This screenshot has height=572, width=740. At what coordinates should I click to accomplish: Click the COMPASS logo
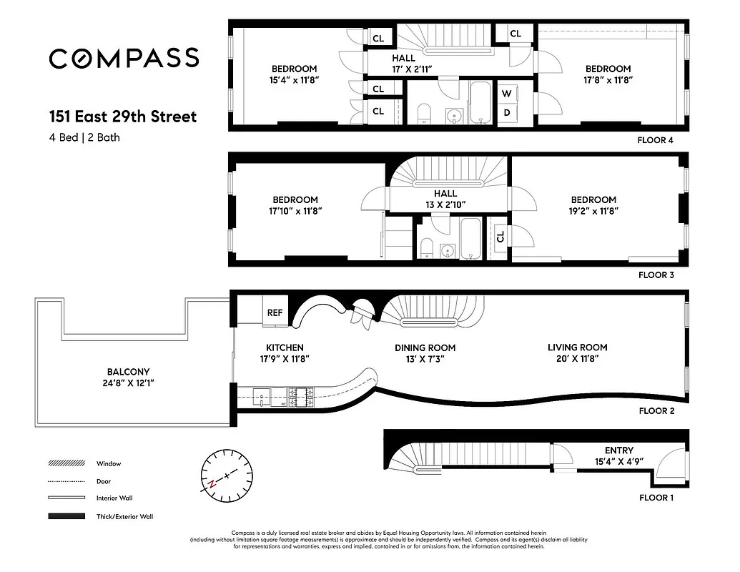pos(124,59)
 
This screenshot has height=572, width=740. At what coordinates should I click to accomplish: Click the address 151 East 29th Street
pos(122,117)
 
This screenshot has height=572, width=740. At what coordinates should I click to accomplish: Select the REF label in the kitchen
pos(275,312)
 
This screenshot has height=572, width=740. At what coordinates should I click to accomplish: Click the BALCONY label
pos(128,372)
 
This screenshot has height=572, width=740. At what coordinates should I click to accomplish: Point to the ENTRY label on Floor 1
pos(618,450)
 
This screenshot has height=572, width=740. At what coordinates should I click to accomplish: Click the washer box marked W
pos(507,94)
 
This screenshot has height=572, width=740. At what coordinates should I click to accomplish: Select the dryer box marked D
pos(507,112)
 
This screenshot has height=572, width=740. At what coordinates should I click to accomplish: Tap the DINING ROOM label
pos(425,348)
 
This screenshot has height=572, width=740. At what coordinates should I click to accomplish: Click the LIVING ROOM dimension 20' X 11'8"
pos(577,359)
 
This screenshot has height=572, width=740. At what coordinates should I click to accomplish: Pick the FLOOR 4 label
pos(655,140)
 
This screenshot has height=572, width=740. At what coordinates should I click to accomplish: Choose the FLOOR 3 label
pos(655,275)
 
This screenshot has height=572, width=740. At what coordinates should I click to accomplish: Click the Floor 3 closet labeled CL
pos(500,236)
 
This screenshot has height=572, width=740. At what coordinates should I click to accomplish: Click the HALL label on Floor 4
pos(403,58)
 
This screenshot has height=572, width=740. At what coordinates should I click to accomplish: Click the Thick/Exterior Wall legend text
pos(124,516)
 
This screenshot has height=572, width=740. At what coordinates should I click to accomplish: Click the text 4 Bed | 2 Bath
pos(84,137)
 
